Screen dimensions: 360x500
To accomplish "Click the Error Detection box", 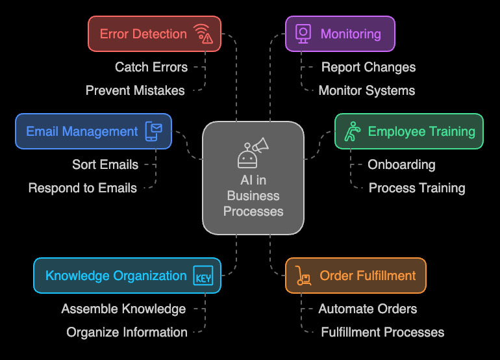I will [x=154, y=34].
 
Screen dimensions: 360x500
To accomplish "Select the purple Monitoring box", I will [x=340, y=34].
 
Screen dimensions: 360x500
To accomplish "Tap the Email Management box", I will [x=94, y=131].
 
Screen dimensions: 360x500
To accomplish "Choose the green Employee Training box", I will [x=408, y=131].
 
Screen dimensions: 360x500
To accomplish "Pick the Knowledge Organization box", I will [x=127, y=276].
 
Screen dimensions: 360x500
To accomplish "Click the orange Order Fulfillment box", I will [x=355, y=276].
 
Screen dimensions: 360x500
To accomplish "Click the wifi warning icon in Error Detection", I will [x=203, y=34].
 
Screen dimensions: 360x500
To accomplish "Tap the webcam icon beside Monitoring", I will [x=303, y=34].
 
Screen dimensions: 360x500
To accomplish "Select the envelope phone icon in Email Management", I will [x=154, y=131].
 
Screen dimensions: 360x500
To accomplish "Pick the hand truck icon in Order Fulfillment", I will [x=302, y=276].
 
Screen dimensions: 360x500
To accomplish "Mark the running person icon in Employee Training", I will [x=351, y=131].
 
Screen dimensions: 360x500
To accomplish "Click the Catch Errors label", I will [x=151, y=67].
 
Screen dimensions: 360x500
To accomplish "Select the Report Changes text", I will [x=368, y=67].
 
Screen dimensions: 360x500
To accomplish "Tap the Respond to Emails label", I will [x=82, y=188].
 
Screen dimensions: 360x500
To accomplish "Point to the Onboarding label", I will [x=401, y=164].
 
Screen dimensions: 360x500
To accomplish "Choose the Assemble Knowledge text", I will [x=123, y=309].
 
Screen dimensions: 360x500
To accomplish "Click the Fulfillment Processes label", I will [x=382, y=332].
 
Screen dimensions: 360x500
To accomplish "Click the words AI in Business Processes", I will [x=253, y=196].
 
